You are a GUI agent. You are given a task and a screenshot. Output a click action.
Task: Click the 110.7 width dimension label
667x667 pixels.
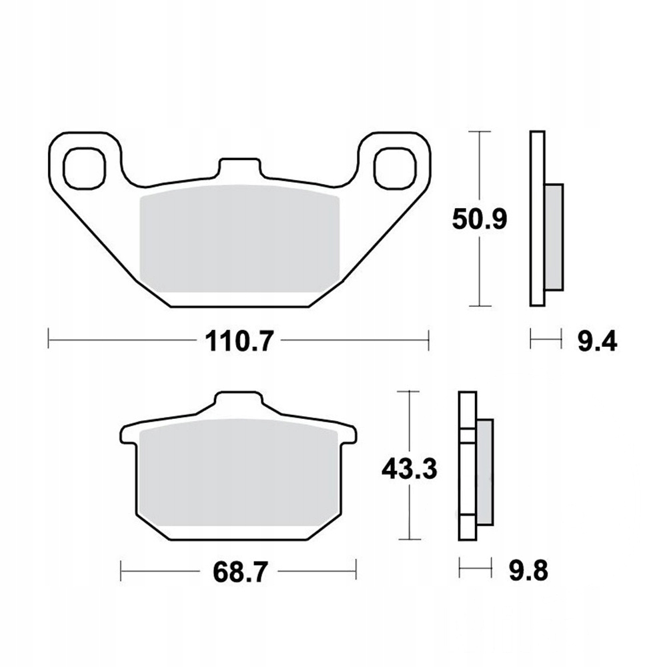point(238,341)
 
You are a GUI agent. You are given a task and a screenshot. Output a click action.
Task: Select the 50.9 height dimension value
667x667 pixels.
point(480,219)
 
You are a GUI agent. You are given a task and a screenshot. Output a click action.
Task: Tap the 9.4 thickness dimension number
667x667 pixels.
point(597,341)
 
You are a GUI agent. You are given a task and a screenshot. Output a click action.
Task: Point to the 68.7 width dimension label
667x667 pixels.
point(240,572)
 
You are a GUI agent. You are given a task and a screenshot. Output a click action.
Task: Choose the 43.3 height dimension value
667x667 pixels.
point(410,468)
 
